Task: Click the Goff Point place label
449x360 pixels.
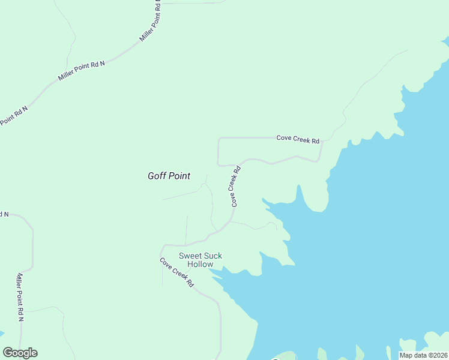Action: [x=169, y=176]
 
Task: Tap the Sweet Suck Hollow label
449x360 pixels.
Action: [x=200, y=260]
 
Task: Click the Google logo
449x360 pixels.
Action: [x=20, y=353]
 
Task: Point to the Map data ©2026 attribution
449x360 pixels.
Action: [x=423, y=355]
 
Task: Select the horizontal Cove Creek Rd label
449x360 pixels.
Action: [x=298, y=139]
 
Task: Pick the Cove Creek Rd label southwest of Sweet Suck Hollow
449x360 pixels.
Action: [x=177, y=272]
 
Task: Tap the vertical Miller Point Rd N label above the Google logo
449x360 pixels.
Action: [x=20, y=296]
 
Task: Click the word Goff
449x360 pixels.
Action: [x=157, y=176]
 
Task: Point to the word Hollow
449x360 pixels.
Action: [x=200, y=264]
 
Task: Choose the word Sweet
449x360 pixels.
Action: [x=190, y=256]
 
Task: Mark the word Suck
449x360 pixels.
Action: [x=212, y=256]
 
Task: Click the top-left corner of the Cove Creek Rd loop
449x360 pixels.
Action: [x=218, y=138]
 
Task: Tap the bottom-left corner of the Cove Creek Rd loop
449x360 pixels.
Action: [x=218, y=164]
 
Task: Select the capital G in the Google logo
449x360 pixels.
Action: [x=8, y=352]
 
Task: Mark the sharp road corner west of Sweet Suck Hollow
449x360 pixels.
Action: [x=162, y=245]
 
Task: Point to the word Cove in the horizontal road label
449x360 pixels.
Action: [x=283, y=138]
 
